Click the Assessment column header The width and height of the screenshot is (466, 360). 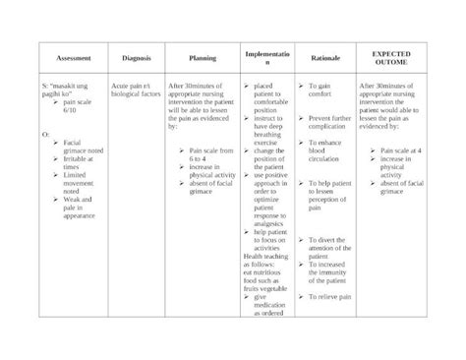tap(74, 59)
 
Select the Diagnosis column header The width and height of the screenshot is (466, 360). tap(136, 59)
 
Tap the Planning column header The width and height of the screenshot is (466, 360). tap(202, 59)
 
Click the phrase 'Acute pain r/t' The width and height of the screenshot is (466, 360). tap(133, 87)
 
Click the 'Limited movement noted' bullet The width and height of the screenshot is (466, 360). tap(79, 182)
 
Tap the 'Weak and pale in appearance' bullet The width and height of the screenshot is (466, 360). tap(79, 208)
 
